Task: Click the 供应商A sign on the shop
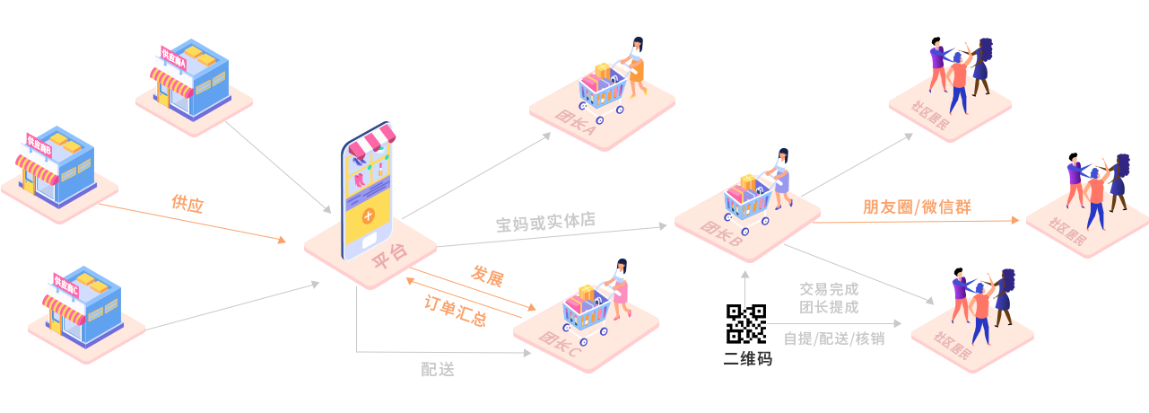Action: click(173, 60)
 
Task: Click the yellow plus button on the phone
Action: click(368, 216)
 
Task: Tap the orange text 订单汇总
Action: click(455, 311)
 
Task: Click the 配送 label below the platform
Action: click(438, 368)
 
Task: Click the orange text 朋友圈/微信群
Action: click(916, 206)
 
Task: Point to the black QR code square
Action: click(745, 324)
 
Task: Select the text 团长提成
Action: click(829, 307)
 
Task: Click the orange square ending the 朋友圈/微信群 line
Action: click(1014, 220)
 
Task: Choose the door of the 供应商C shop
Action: click(57, 322)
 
